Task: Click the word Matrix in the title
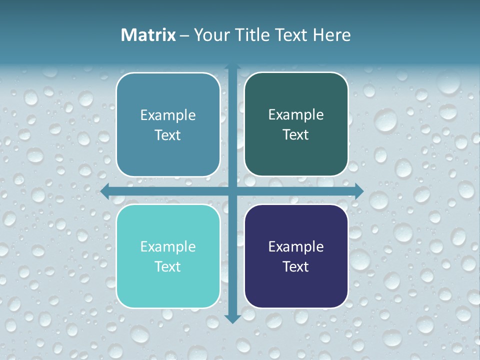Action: (x=148, y=35)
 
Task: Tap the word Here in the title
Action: (x=331, y=35)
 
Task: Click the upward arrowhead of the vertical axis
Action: (x=232, y=67)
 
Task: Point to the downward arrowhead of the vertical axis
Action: (x=232, y=318)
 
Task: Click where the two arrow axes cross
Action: (x=232, y=191)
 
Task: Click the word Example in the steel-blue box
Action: (x=168, y=115)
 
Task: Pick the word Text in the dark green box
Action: (x=296, y=135)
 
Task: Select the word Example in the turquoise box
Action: (x=168, y=247)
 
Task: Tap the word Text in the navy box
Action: (x=296, y=267)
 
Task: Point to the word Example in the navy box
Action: (x=296, y=247)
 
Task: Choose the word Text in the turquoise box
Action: (x=168, y=267)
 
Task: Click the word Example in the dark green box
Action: (x=296, y=115)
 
